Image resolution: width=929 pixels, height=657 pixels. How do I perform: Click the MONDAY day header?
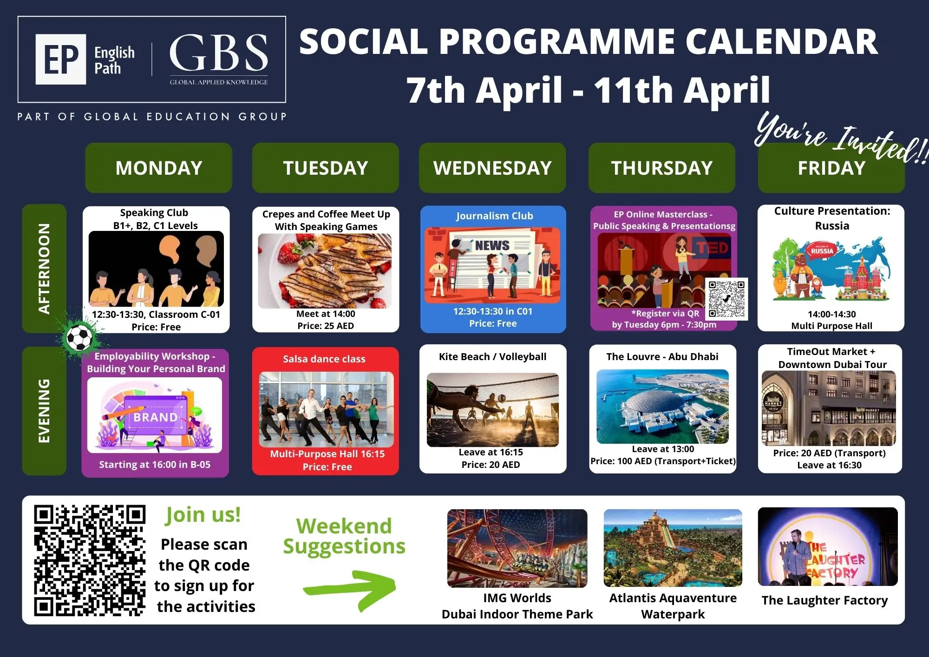point(158,168)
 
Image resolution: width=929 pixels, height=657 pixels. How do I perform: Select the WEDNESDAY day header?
point(492,168)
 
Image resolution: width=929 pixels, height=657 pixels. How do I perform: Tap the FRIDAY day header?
point(831,168)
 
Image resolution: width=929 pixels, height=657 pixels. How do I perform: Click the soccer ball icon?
point(79,337)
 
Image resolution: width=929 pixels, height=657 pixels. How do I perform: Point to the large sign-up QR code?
point(90,560)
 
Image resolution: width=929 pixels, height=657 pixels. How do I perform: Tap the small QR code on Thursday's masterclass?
point(727,299)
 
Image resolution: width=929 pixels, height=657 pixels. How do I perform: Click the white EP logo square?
point(61,59)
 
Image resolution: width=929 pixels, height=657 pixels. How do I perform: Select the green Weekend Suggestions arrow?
point(349,589)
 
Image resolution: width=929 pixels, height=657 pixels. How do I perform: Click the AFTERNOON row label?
point(44,269)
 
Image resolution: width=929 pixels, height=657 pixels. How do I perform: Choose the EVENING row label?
point(44,411)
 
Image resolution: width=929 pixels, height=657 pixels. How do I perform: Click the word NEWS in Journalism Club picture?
point(492,245)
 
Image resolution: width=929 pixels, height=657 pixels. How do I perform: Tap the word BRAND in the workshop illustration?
point(156,417)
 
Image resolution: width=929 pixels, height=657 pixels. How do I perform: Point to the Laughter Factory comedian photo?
point(828,546)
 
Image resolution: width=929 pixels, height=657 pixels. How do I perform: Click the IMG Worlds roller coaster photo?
point(517,548)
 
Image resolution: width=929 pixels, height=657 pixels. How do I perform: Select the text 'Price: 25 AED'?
point(326,326)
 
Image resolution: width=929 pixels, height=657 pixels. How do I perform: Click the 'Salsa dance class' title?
point(324,359)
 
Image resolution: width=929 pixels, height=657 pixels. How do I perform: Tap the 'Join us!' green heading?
point(203,515)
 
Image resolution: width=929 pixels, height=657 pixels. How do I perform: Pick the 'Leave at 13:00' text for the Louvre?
point(663,449)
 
